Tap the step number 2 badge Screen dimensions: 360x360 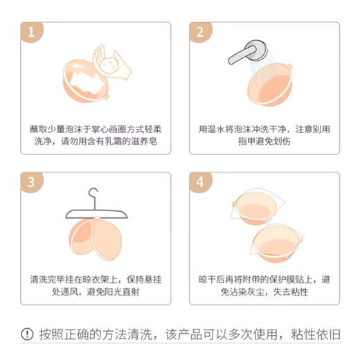coord(200,32)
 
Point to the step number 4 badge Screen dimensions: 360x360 coord(200,182)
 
